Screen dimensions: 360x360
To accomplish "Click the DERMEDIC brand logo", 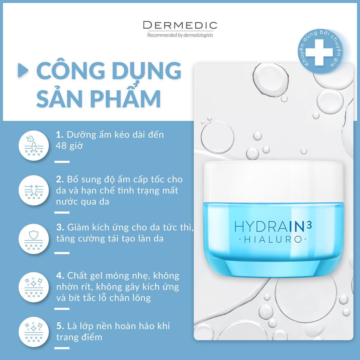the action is point(180,25).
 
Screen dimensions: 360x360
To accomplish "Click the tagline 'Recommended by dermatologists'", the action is point(180,35).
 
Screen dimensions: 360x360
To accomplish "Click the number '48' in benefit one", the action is point(61,146).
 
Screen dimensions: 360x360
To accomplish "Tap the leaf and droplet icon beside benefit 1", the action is point(34,146).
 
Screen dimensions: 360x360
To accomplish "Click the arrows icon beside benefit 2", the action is point(34,190).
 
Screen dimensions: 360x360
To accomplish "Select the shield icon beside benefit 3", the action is point(34,239).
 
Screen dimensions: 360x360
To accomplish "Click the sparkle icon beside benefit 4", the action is point(34,287).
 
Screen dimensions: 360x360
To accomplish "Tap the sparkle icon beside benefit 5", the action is point(34,332).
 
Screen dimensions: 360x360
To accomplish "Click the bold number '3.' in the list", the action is point(60,227).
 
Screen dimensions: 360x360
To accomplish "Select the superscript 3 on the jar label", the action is point(309,225).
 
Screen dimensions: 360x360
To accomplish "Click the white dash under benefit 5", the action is point(62,348).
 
